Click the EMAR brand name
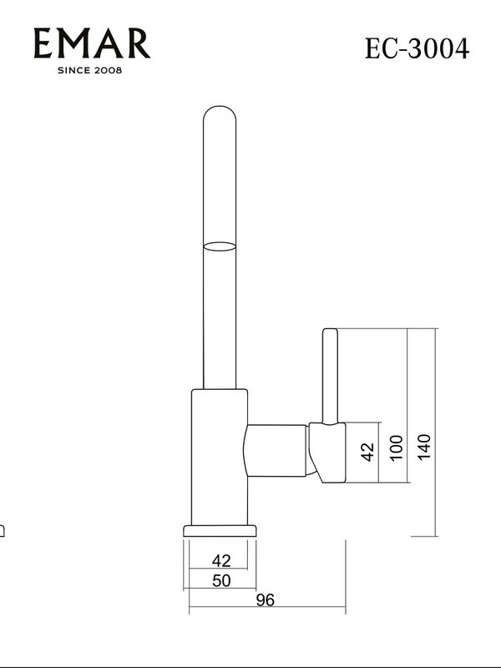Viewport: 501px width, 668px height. pyautogui.click(x=92, y=43)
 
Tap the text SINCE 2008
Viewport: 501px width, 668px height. pyautogui.click(x=90, y=70)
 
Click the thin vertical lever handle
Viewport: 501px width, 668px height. pyautogui.click(x=330, y=376)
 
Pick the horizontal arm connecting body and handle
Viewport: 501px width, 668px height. pyautogui.click(x=278, y=450)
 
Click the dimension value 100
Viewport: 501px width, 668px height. pyautogui.click(x=396, y=448)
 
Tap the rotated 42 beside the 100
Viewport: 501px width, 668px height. pyautogui.click(x=367, y=451)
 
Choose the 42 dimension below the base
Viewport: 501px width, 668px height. pyautogui.click(x=220, y=560)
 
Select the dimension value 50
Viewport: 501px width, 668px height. pyautogui.click(x=220, y=581)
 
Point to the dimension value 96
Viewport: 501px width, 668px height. pyautogui.click(x=265, y=600)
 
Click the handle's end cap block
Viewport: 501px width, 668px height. pyautogui.click(x=327, y=452)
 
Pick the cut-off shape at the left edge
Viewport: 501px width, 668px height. pyautogui.click(x=3, y=530)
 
